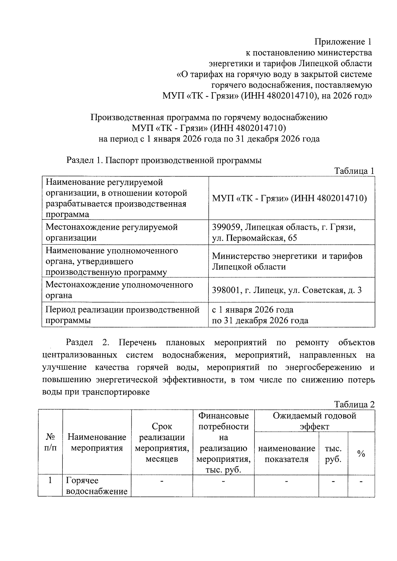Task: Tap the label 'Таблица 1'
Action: click(354, 171)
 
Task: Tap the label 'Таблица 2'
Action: click(354, 404)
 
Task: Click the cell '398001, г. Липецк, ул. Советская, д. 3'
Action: click(287, 290)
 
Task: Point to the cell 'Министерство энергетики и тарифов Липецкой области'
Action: click(287, 261)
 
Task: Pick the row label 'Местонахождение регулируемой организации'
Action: click(111, 232)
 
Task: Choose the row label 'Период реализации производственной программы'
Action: click(122, 315)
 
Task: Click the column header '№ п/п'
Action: click(50, 442)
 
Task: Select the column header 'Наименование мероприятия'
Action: click(97, 442)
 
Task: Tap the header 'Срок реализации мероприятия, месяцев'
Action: click(162, 442)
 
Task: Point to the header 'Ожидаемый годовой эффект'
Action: click(314, 421)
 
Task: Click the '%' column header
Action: click(361, 454)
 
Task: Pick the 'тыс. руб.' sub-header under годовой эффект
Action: click(333, 454)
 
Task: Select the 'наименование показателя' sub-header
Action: click(287, 454)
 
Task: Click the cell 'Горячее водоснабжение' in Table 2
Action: click(97, 486)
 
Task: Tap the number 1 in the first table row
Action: click(50, 480)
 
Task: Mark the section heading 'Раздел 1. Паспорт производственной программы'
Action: click(164, 160)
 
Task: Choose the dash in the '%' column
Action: click(361, 481)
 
